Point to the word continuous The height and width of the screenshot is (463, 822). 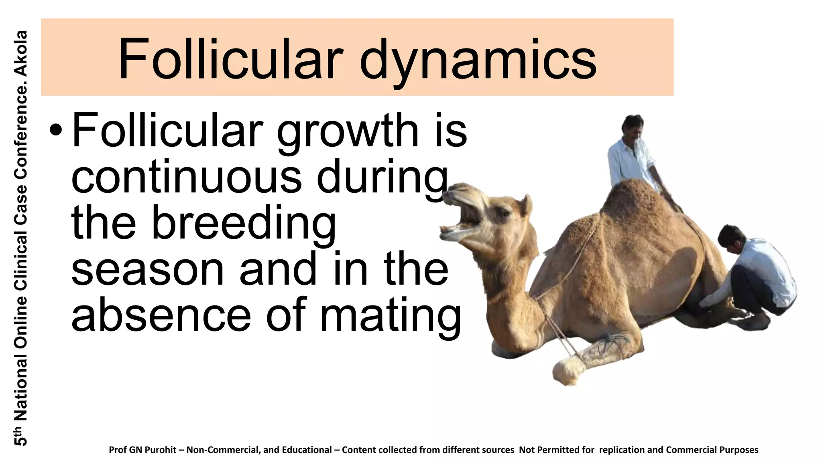pyautogui.click(x=186, y=176)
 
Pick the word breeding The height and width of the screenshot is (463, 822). pyautogui.click(x=244, y=223)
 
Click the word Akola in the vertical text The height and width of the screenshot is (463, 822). pyautogui.click(x=21, y=53)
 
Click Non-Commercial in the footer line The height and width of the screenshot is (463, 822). pyautogui.click(x=224, y=450)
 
